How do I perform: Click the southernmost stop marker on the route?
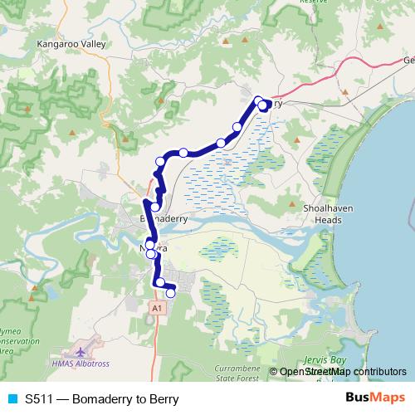click(171, 292)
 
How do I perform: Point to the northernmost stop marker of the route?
click(259, 101)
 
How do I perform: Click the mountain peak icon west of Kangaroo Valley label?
click(28, 110)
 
